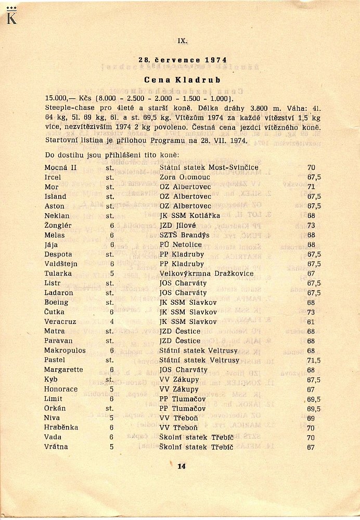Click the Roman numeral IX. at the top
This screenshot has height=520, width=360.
click(x=182, y=41)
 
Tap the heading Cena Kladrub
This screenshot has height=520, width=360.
click(x=182, y=80)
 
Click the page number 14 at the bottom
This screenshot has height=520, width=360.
click(x=181, y=466)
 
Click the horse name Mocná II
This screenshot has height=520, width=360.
click(x=60, y=168)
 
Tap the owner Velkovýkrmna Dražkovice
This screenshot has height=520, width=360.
click(x=207, y=274)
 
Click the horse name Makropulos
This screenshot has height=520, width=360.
click(x=65, y=350)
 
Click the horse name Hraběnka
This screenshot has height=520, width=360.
click(x=61, y=427)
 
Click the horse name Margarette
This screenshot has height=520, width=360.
click(x=64, y=370)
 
